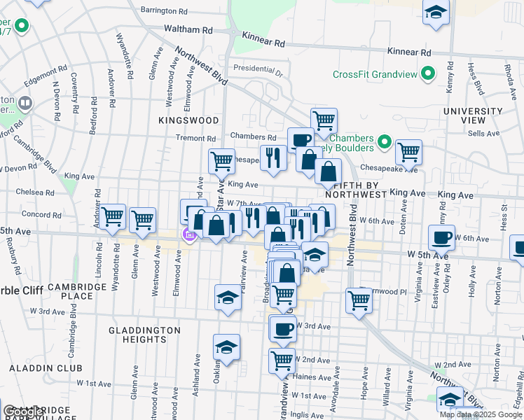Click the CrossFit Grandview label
click(375, 74)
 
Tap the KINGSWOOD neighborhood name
click(189, 120)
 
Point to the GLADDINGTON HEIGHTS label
click(145, 335)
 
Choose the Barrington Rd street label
click(164, 11)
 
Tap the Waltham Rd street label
click(188, 30)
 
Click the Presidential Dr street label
click(258, 69)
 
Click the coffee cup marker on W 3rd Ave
click(282, 328)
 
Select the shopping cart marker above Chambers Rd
click(324, 120)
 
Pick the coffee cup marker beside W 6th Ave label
click(441, 237)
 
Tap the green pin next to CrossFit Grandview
click(427, 73)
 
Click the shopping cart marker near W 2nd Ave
click(282, 360)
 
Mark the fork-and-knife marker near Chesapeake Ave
click(273, 157)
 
